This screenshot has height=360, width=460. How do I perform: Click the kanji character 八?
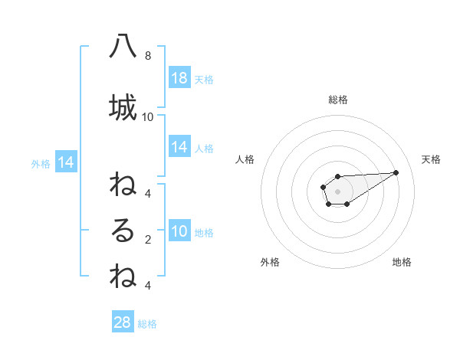tap(123, 47)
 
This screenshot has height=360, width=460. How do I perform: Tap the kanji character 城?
tap(123, 108)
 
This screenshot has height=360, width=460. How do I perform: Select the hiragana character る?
tap(123, 231)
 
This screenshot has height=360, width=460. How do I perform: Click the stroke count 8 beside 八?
tap(147, 56)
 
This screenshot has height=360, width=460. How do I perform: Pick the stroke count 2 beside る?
tap(147, 240)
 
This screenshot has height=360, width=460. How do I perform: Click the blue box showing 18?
tap(179, 78)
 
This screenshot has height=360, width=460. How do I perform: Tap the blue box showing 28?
tap(123, 322)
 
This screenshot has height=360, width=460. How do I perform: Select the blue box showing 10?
tap(179, 231)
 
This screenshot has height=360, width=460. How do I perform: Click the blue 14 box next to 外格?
tap(65, 162)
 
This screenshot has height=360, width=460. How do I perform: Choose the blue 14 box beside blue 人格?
tap(179, 147)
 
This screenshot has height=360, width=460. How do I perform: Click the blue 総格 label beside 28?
tap(148, 323)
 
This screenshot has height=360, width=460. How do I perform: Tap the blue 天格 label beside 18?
tap(204, 79)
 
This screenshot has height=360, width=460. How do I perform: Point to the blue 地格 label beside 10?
tap(204, 232)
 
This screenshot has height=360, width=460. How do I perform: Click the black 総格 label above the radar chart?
tap(338, 100)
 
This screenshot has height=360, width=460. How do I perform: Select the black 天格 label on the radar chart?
tap(431, 159)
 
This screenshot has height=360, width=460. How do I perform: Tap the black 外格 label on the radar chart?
tap(270, 262)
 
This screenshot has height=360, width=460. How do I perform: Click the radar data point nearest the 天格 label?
tap(396, 172)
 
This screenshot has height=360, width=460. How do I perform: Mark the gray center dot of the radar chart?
tap(338, 191)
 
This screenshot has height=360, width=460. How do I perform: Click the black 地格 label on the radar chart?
tap(402, 262)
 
